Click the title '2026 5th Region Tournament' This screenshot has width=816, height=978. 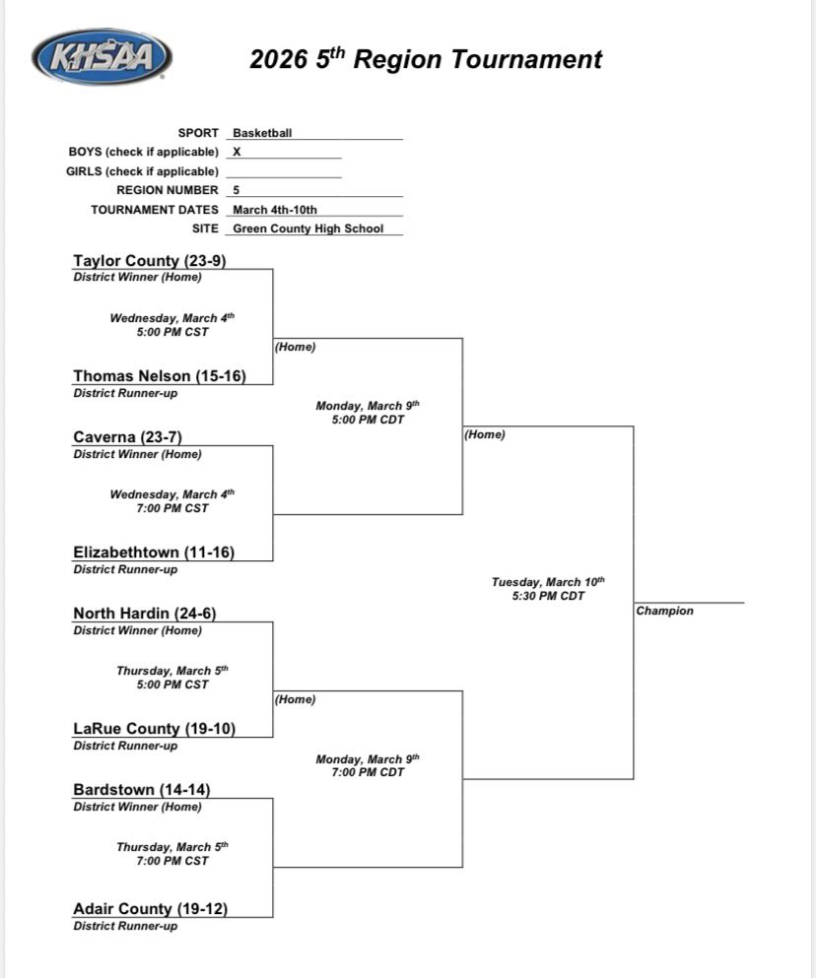[x=425, y=59]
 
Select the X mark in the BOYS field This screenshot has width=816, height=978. [x=237, y=152]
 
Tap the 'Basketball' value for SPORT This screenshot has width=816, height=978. [x=262, y=133]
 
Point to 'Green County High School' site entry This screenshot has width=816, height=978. [x=307, y=228]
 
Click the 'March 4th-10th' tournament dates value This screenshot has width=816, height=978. [x=275, y=210]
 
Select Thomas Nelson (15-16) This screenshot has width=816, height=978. [x=160, y=376]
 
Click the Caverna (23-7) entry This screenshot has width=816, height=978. [x=127, y=437]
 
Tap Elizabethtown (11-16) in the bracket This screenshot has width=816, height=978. [x=154, y=553]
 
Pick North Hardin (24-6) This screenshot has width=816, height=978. [x=144, y=614]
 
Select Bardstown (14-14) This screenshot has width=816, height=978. [x=142, y=790]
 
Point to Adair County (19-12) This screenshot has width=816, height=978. [x=150, y=909]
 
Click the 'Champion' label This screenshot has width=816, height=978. [x=664, y=612]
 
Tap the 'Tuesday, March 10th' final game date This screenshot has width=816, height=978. [x=548, y=582]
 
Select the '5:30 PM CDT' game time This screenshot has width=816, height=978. [x=548, y=596]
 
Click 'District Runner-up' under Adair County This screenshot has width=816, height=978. [x=125, y=927]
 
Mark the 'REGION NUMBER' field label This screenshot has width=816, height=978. [x=168, y=190]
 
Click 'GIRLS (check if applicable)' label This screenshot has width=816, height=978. [x=144, y=171]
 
